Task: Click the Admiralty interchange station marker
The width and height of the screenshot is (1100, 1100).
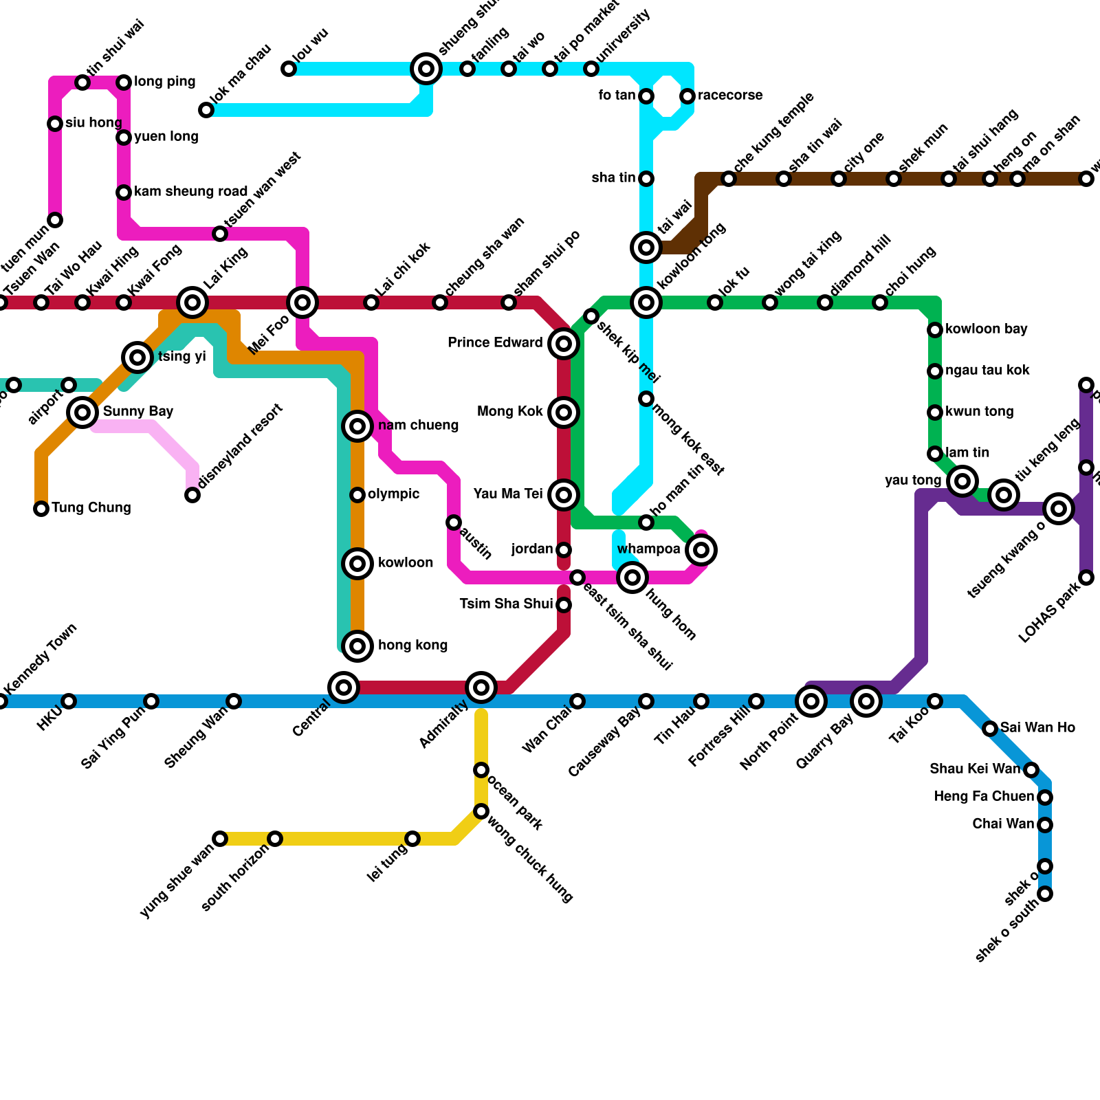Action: coord(481,687)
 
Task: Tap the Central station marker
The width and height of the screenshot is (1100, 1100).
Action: coord(344,687)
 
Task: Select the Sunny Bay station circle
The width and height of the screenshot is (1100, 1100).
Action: coord(82,412)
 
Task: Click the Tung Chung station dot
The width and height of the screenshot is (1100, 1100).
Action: coord(41,509)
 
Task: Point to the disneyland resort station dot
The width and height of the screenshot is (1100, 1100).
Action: coord(192,495)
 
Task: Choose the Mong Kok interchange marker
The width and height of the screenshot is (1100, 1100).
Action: coord(564,412)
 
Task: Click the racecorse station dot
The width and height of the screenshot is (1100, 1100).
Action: coord(687,96)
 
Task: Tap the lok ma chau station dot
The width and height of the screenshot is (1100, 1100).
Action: coord(206,110)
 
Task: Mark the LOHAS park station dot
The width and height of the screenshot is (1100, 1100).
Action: coord(1086,577)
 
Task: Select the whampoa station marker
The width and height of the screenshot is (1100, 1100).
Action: coord(701,550)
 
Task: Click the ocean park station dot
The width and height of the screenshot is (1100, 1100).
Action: coord(481,770)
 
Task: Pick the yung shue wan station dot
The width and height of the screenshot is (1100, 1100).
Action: coord(220,839)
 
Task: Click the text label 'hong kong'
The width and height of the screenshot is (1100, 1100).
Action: coord(412,646)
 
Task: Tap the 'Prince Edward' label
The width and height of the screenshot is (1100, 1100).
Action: coord(495,343)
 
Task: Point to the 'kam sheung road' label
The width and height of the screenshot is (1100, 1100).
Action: coord(190,192)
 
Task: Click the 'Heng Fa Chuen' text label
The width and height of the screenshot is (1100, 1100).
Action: coord(984,797)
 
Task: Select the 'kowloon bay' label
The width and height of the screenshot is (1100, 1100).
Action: coord(986,329)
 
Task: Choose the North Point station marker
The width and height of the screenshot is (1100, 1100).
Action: coord(811,701)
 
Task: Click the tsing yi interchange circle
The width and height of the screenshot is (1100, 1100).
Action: coord(137,357)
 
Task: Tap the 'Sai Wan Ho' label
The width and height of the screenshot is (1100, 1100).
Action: coord(1037,728)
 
